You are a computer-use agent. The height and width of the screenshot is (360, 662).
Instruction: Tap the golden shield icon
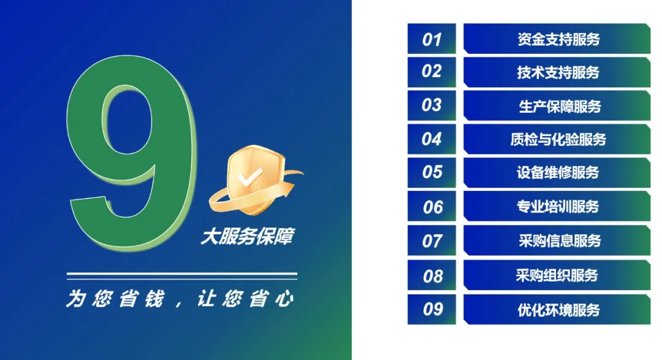pyautogui.click(x=255, y=180)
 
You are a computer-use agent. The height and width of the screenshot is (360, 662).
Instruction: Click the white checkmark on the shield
pyautogui.click(x=250, y=177)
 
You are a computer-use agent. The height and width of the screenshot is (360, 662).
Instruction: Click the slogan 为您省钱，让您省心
pyautogui.click(x=180, y=298)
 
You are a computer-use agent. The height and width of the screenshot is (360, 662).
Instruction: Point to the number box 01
pyautogui.click(x=432, y=39)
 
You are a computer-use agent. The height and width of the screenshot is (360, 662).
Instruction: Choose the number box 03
pyautogui.click(x=432, y=105)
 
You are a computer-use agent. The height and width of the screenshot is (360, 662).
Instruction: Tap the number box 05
pyautogui.click(x=432, y=172)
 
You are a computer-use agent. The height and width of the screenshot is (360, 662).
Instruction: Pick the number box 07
pyautogui.click(x=432, y=240)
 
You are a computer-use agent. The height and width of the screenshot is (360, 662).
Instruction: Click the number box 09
pyautogui.click(x=432, y=309)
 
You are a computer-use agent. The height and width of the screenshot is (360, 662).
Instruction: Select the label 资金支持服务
pyautogui.click(x=558, y=39)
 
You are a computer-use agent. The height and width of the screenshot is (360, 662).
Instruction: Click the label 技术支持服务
pyautogui.click(x=558, y=72)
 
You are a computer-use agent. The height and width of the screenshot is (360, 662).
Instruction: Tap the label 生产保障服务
pyautogui.click(x=560, y=106)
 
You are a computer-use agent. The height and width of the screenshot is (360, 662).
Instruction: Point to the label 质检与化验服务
pyautogui.click(x=558, y=139)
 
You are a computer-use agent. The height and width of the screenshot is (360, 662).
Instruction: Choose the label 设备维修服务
pyautogui.click(x=558, y=172)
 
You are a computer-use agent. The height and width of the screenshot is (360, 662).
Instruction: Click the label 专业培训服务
pyautogui.click(x=558, y=207)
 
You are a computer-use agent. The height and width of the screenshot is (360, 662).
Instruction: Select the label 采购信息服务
pyautogui.click(x=560, y=241)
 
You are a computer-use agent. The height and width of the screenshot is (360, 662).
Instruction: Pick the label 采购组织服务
pyautogui.click(x=557, y=275)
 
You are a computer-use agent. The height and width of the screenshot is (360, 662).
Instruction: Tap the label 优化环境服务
pyautogui.click(x=558, y=310)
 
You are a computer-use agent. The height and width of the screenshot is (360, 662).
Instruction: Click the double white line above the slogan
pyautogui.click(x=182, y=277)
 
